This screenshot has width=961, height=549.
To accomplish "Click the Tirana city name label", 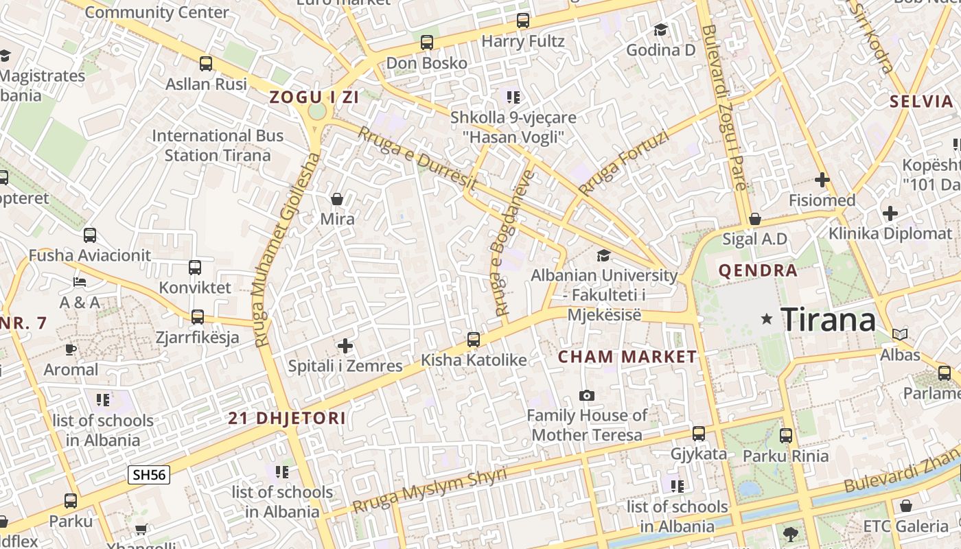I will (x=829, y=319).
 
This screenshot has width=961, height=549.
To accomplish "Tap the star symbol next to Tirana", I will (x=767, y=319).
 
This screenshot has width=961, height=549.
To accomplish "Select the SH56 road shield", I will (x=148, y=474).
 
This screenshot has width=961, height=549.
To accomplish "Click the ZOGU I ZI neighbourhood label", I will (x=314, y=97).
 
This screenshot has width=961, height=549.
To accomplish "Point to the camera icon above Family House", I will (x=586, y=395).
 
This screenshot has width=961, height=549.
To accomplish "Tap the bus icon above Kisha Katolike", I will (x=473, y=339).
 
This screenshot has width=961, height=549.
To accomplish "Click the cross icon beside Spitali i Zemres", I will (x=345, y=345).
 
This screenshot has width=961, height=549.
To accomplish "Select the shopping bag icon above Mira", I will (x=337, y=199).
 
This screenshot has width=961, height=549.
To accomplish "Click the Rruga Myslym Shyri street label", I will (x=430, y=491).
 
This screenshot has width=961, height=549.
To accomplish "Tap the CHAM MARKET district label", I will (x=627, y=357).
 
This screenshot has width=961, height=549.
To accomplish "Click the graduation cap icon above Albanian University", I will (x=603, y=255).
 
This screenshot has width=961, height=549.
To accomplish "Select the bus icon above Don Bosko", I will (x=426, y=43).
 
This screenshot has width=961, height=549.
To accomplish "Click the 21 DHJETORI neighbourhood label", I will (x=287, y=418).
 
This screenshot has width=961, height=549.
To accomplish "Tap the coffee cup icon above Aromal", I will (x=71, y=349).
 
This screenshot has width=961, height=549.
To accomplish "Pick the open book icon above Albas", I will (x=899, y=334).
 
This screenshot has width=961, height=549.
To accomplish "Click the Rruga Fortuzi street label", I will (x=623, y=163).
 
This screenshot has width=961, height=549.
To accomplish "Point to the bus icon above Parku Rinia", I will (x=785, y=435).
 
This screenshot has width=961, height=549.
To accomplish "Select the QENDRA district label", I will (x=758, y=270).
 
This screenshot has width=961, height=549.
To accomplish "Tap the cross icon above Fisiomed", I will (x=822, y=180).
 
